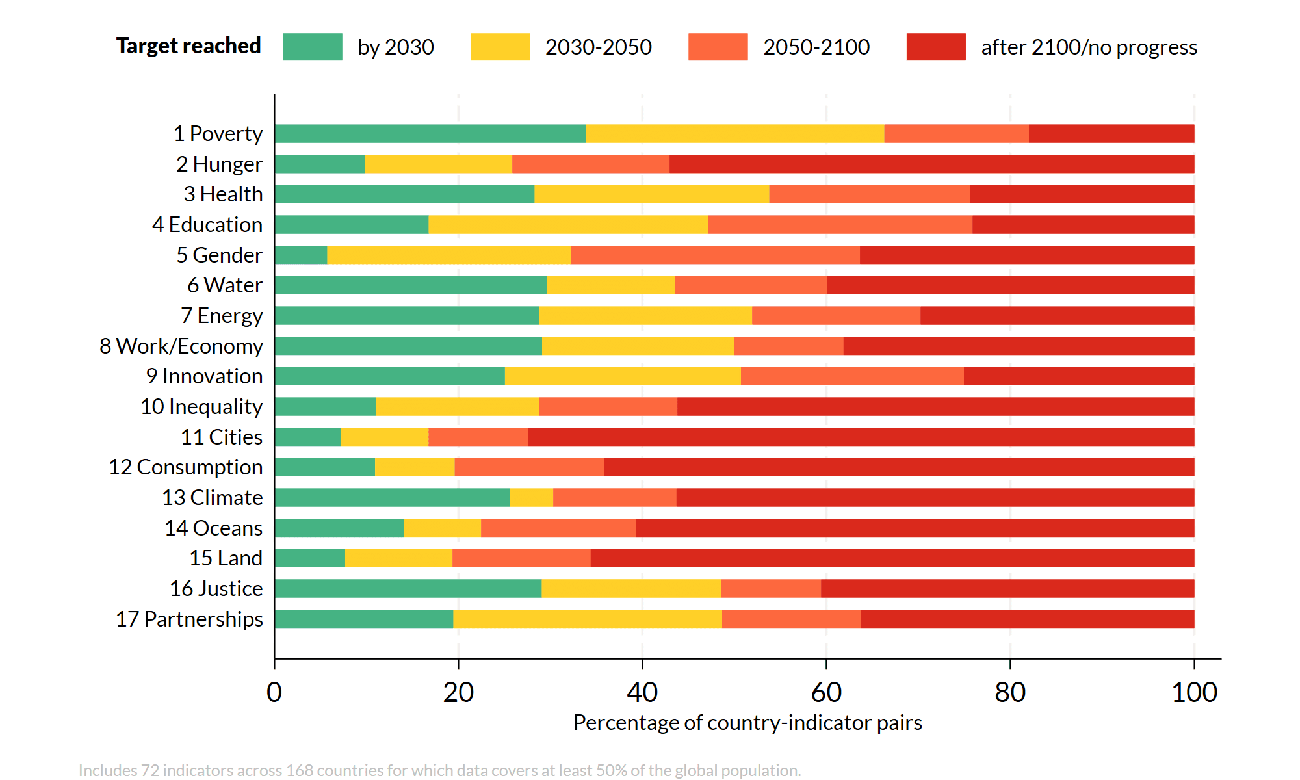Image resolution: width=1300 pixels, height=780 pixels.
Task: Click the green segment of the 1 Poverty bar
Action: pos(429,133)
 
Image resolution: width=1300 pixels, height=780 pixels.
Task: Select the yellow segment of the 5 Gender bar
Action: pos(448,255)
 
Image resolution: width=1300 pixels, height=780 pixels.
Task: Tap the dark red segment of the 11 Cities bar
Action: pos(858,437)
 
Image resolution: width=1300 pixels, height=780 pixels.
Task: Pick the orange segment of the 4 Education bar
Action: pos(840,224)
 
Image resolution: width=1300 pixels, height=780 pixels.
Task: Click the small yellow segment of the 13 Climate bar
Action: pos(531,497)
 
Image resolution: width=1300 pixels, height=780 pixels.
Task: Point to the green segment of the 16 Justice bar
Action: pos(408,588)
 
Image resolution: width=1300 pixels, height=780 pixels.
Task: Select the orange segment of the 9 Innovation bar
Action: pos(851,376)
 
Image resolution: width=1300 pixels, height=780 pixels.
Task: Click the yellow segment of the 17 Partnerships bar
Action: pos(587,619)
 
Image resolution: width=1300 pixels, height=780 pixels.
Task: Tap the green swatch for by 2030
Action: pos(312,47)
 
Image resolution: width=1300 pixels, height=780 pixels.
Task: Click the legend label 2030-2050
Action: pos(598,47)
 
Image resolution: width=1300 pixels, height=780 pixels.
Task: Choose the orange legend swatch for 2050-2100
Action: pos(718,47)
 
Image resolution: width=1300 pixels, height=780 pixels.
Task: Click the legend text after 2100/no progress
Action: pos(1089,47)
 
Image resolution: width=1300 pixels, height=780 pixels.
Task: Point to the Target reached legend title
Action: pos(188,45)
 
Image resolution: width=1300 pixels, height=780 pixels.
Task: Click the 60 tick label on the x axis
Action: pos(826,692)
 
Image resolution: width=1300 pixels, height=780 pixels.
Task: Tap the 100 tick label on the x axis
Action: pos(1193,692)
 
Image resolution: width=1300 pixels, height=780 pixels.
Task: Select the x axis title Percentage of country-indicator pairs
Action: pos(747,722)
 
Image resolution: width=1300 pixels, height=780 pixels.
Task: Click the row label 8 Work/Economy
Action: pos(181,346)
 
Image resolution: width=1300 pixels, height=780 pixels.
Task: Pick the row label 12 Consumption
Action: pos(186,467)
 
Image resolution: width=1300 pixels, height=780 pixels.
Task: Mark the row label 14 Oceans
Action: pos(213,528)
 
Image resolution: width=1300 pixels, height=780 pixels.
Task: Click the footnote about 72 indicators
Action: pos(439,770)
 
